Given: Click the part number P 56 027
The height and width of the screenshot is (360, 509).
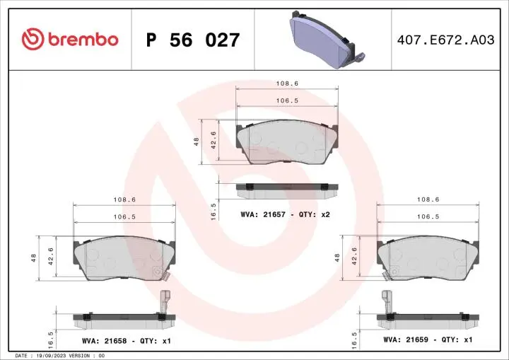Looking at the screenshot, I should tap(192, 40).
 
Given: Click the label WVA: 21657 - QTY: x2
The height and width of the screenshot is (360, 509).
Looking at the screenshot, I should tap(286, 214).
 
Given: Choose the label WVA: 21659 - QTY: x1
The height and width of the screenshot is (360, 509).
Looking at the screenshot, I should tap(428, 339).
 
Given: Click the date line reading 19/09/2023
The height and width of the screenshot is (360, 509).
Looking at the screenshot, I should tap(60, 355).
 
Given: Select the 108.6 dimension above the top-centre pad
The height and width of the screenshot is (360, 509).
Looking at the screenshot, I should tap(286, 83).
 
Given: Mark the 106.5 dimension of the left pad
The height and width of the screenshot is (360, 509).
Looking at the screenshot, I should tap(124, 217).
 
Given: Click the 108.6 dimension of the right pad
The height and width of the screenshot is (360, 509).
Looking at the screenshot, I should tap(428, 199).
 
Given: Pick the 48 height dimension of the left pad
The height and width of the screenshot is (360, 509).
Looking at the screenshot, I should tap(34, 257).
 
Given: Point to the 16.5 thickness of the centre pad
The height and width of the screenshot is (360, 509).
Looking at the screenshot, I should tap(213, 211).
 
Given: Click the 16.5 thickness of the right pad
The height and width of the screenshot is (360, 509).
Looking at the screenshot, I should tap(353, 339).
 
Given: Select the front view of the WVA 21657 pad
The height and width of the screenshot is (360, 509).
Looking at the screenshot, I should tap(286, 142).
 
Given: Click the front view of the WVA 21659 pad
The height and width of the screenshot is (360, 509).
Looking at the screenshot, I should tap(428, 257).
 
